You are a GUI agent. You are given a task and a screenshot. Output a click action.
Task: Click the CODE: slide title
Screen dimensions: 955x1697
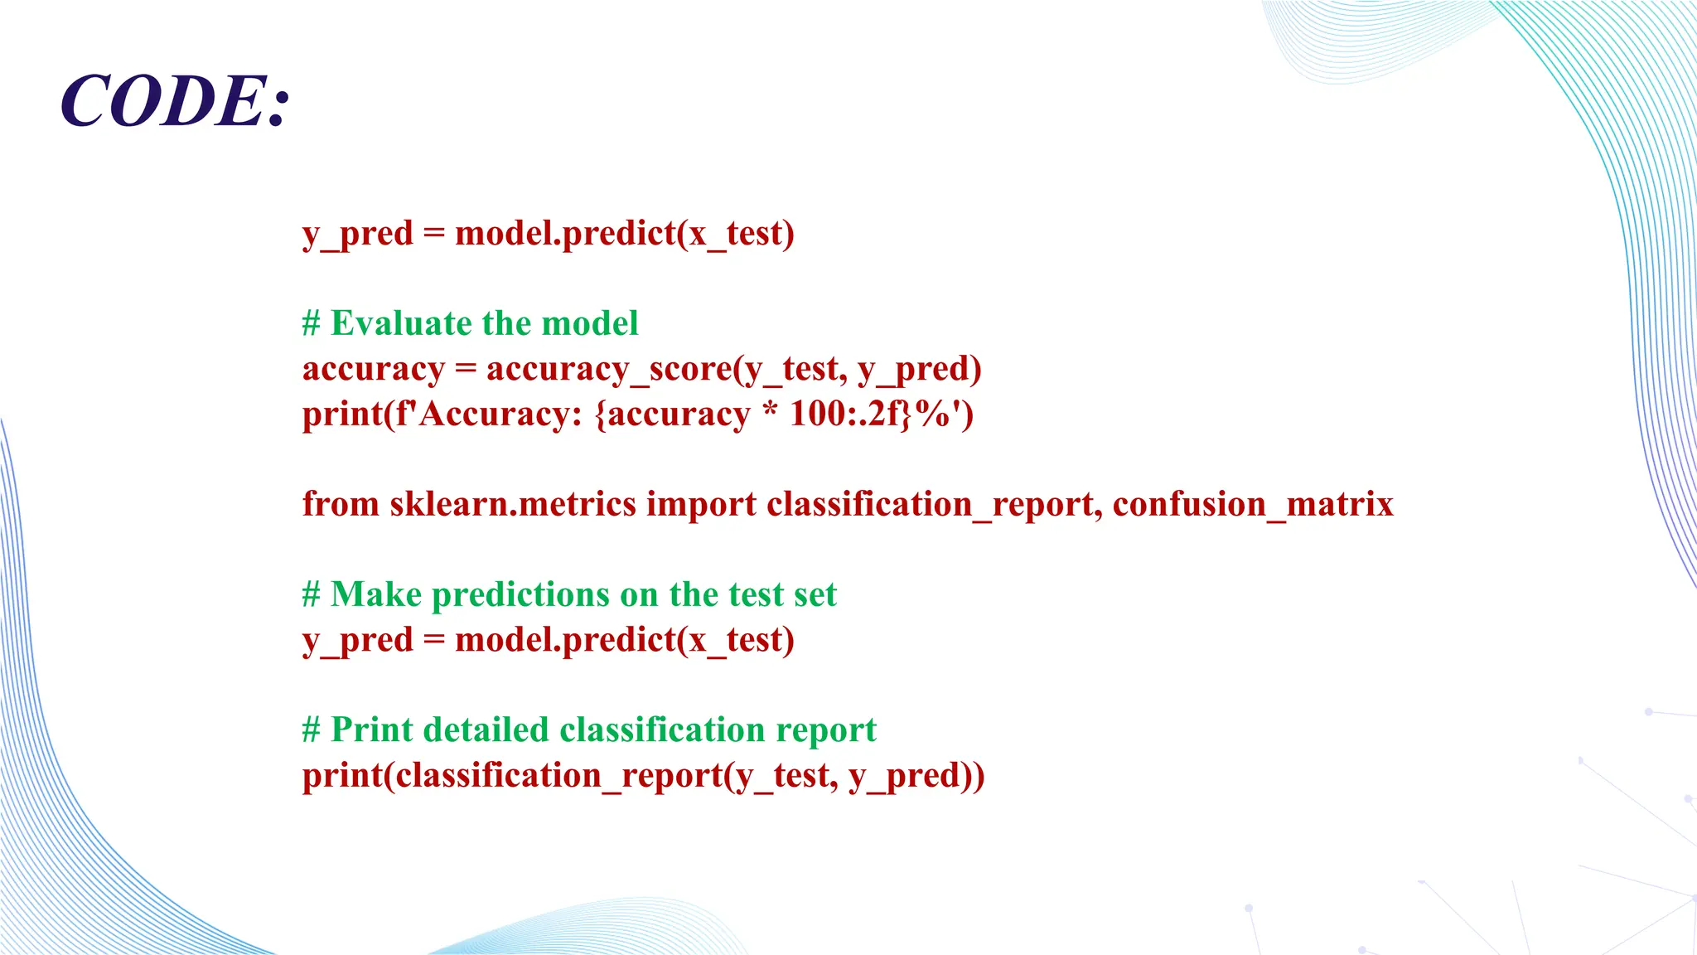click(x=175, y=101)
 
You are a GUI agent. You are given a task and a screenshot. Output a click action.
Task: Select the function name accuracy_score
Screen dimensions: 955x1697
click(x=609, y=369)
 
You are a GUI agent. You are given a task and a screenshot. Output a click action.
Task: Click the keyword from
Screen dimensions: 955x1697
click(x=341, y=504)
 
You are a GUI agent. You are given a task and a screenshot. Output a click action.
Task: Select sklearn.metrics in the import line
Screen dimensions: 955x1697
click(x=513, y=504)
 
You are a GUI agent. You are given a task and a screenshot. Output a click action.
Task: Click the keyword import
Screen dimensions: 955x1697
click(x=701, y=505)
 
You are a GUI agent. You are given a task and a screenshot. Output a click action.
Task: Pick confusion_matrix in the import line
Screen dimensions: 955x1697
click(x=1253, y=505)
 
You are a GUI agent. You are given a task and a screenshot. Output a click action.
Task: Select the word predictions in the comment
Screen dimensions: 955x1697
click(x=521, y=595)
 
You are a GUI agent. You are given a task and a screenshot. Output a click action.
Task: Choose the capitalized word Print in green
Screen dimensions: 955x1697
click(x=371, y=730)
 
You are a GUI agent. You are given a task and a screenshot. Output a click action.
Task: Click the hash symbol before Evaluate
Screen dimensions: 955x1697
click(x=312, y=323)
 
